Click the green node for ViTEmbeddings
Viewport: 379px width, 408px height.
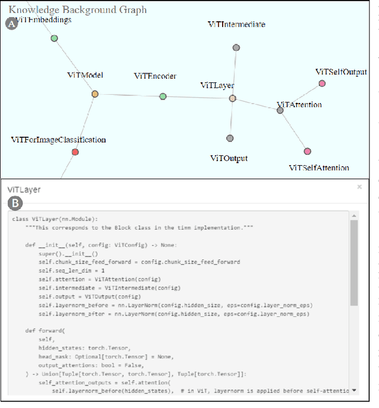tap(54, 38)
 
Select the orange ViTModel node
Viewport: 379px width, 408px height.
tap(95, 94)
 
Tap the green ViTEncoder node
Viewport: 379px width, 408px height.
tap(163, 97)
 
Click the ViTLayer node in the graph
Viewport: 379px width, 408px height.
tap(233, 98)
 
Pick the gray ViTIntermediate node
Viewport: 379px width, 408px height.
tap(236, 47)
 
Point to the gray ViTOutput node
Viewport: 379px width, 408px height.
tap(230, 139)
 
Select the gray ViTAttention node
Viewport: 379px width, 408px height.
tap(281, 110)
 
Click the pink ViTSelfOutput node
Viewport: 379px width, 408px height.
tap(322, 83)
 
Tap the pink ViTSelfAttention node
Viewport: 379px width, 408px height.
tap(307, 151)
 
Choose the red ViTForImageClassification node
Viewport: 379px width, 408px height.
tap(75, 152)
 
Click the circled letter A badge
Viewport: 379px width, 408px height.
tap(11, 24)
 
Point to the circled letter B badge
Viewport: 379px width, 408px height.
tap(14, 204)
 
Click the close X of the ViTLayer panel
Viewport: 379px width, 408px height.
tap(359, 187)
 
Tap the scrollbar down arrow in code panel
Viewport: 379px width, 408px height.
tap(354, 390)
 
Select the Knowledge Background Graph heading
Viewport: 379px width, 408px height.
tap(78, 10)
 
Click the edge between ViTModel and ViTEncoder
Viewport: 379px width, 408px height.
tap(129, 95)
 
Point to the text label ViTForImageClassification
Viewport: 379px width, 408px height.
tap(59, 140)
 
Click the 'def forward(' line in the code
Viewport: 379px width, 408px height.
tap(45, 330)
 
